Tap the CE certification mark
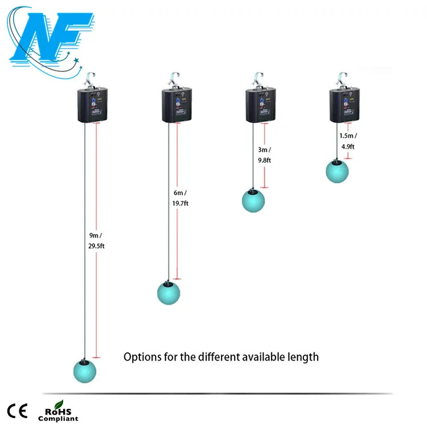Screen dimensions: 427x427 [17, 410]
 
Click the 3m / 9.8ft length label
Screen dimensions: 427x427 [265, 155]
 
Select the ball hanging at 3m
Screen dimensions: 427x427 [253, 201]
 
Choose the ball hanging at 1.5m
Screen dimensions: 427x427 [336, 171]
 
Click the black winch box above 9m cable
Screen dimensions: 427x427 [91, 104]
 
